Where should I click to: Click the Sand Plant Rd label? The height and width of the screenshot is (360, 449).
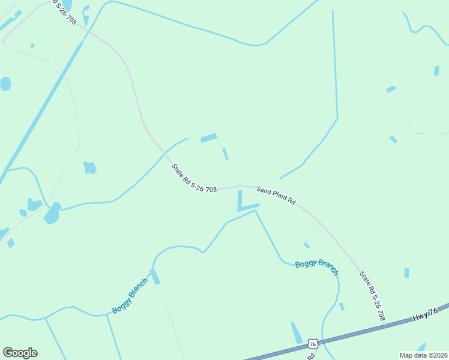(x=276, y=196)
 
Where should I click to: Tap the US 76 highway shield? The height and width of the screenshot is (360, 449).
(x=312, y=343)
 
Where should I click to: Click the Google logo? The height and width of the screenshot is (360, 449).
(x=20, y=353)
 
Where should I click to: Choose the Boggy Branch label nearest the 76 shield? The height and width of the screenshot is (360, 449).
(x=317, y=267)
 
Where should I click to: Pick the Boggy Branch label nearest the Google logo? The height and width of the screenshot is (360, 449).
(x=130, y=296)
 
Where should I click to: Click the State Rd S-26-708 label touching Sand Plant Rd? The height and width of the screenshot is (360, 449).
(x=194, y=178)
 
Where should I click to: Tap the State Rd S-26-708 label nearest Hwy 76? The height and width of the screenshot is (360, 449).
(x=372, y=295)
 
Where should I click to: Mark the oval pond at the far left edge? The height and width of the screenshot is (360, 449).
(x=5, y=83)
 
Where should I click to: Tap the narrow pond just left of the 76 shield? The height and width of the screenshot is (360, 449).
(x=297, y=332)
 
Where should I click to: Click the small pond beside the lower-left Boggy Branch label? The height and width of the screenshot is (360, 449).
(x=155, y=277)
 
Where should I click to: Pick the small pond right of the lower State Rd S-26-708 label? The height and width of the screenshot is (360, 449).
(x=406, y=272)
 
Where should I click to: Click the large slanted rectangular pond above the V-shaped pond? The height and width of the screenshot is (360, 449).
(x=209, y=137)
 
